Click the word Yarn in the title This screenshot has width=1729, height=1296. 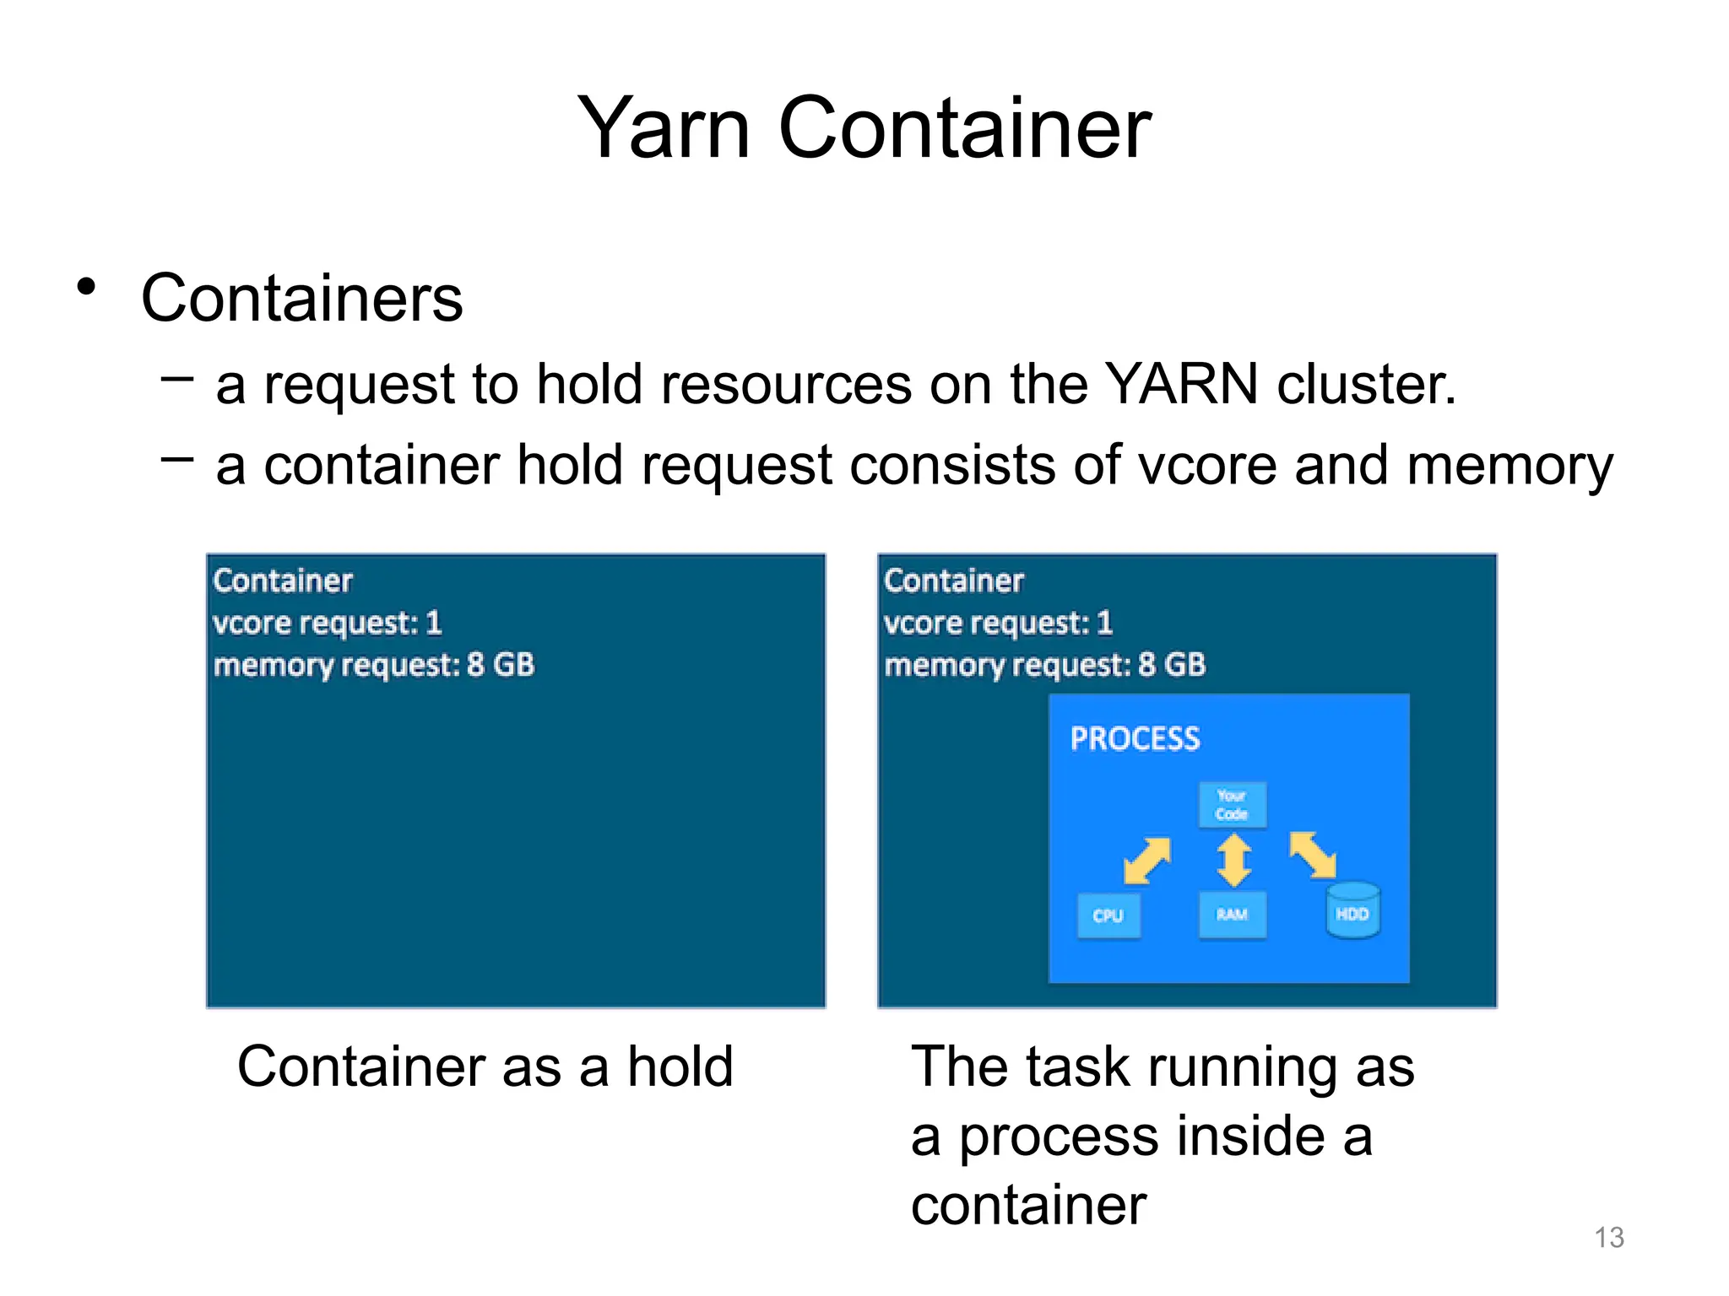pyautogui.click(x=664, y=128)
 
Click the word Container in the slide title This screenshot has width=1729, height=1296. pyautogui.click(x=964, y=128)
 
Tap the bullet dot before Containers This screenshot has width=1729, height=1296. pyautogui.click(x=86, y=288)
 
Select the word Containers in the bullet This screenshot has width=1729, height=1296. pyautogui.click(x=301, y=299)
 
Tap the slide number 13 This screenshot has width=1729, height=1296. pyautogui.click(x=1608, y=1237)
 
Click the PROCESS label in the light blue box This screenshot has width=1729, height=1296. pyautogui.click(x=1135, y=739)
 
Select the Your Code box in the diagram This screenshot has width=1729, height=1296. pyautogui.click(x=1232, y=805)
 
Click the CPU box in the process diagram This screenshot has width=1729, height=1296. pyautogui.click(x=1108, y=915)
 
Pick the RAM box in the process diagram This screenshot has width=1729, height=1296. pyautogui.click(x=1232, y=915)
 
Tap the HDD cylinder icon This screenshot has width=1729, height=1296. pyautogui.click(x=1352, y=911)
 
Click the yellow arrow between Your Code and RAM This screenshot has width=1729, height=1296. pyautogui.click(x=1233, y=861)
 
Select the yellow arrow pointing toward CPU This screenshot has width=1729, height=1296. pyautogui.click(x=1147, y=861)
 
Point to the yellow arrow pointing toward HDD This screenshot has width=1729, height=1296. pyautogui.click(x=1313, y=855)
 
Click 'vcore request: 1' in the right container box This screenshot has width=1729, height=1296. pyautogui.click(x=998, y=624)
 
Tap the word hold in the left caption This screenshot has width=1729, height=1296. pyautogui.click(x=680, y=1066)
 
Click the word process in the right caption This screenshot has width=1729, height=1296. pyautogui.click(x=1059, y=1137)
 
